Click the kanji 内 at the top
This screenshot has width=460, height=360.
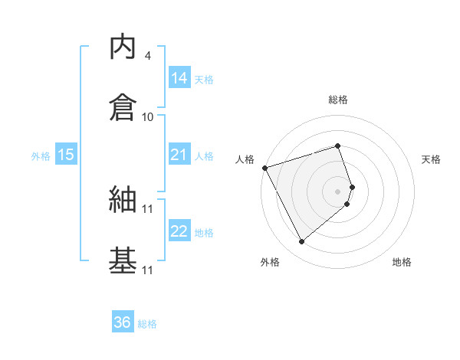123,48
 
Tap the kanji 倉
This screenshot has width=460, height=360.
123,108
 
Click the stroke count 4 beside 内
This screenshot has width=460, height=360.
148,56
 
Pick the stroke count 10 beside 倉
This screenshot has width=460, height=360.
148,117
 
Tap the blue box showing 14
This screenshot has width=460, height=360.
179,78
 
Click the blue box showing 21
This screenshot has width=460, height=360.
179,155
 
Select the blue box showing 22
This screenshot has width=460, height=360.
179,231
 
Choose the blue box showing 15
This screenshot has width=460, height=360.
66,155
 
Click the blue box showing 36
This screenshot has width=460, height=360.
122,322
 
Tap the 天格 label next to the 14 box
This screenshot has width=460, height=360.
204,80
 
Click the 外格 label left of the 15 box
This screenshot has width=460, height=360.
41,156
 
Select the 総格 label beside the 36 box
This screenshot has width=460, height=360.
147,324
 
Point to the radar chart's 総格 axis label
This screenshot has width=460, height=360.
338,100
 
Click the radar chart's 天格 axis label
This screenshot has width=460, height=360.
432,159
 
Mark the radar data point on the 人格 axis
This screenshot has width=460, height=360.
264,167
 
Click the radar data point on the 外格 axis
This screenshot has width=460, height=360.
301,242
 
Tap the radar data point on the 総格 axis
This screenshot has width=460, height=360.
338,146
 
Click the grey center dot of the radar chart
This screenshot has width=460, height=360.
338,191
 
